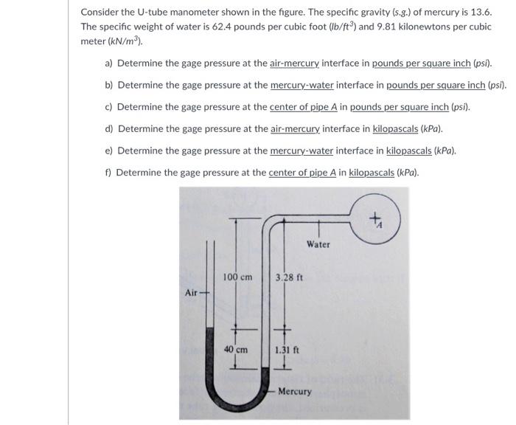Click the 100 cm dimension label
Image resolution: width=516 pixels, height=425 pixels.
point(237,277)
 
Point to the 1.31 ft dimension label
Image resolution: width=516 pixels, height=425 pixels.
point(287,350)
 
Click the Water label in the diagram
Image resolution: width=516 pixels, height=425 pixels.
point(318,244)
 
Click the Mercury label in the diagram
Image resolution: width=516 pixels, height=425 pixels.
point(295,391)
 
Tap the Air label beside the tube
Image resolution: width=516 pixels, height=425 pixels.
point(192,293)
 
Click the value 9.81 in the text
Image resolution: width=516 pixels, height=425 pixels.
point(366,27)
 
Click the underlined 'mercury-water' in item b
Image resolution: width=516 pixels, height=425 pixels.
point(301,86)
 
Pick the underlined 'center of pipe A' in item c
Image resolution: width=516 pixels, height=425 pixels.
point(303,107)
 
